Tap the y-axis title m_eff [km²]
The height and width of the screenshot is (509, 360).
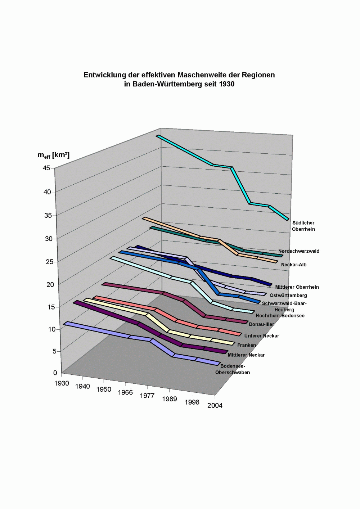coord(53,155)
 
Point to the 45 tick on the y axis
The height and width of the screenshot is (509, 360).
coord(46,168)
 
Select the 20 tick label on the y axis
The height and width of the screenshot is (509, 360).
coord(50,285)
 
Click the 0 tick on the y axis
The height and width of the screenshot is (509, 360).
coord(55,373)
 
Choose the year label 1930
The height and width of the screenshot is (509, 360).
coord(62,383)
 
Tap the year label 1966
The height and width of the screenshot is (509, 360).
coord(125,392)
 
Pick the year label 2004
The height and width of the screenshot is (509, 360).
coord(215,405)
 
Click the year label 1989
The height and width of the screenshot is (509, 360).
coord(169,399)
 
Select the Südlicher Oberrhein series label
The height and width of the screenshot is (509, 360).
coord(303,226)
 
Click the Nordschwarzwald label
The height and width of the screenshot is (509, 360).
coord(299,251)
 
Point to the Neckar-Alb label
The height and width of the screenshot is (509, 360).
coord(294,265)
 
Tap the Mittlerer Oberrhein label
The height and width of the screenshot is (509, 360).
coord(297,287)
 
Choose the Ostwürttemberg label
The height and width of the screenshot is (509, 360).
coord(288,296)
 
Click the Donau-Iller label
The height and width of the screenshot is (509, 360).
coord(261,324)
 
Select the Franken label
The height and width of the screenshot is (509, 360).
coord(247,345)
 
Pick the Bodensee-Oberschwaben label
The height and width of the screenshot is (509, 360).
coord(233,369)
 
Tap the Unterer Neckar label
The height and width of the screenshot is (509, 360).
coord(262,336)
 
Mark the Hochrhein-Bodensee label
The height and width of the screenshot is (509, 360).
coord(280,316)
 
